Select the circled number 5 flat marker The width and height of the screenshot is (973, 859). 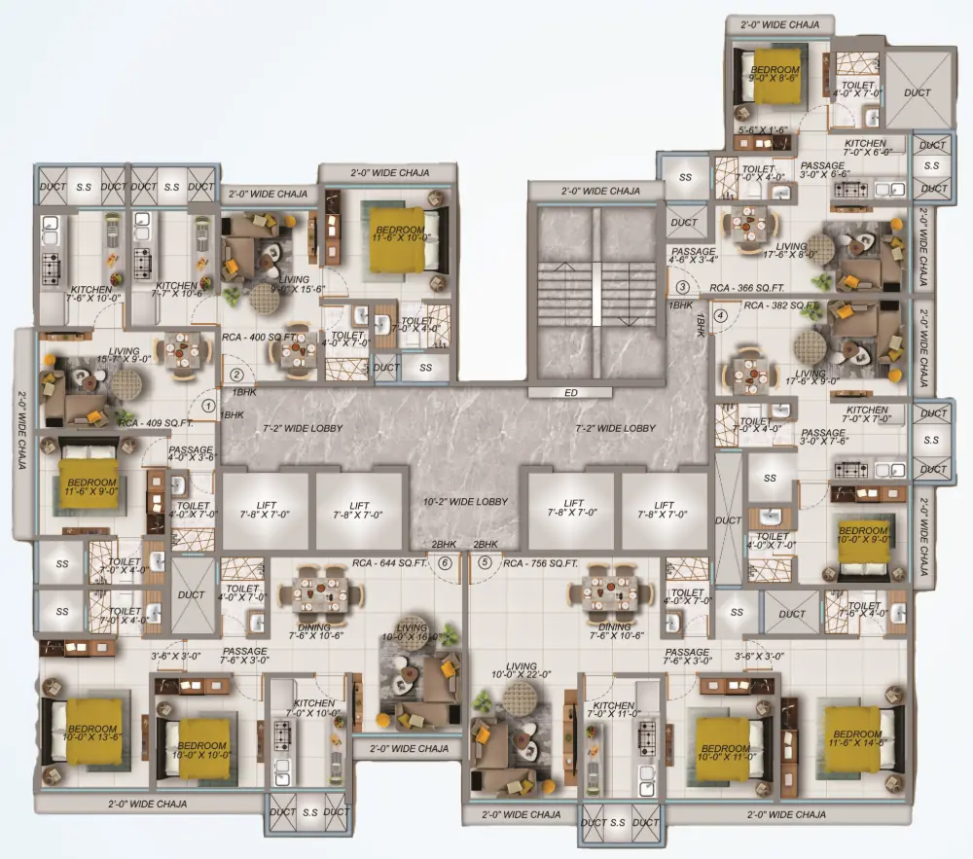[x=484, y=561]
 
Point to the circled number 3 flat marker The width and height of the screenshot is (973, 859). [x=683, y=287]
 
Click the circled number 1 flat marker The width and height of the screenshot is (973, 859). [x=208, y=396]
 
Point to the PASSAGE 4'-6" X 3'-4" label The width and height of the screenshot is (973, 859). [x=693, y=256]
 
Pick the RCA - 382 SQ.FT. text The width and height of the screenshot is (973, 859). [x=782, y=304]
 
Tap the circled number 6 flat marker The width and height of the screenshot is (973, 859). [x=445, y=561]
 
